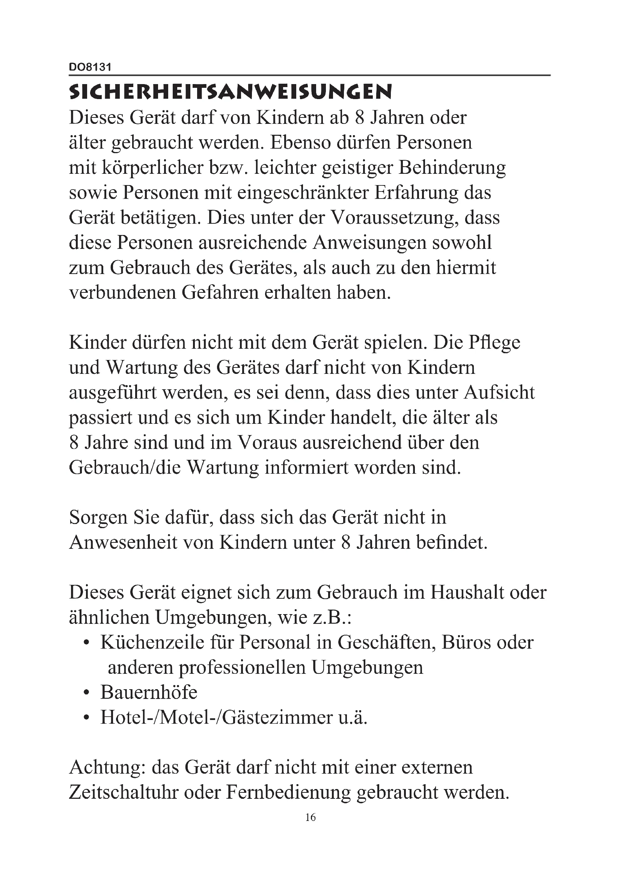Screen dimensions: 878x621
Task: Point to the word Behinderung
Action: coord(452,168)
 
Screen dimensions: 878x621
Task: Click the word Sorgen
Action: coord(98,518)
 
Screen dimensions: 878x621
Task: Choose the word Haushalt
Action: coord(467,592)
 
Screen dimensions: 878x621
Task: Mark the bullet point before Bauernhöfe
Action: coord(87,693)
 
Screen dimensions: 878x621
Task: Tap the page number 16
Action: coord(310,817)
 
